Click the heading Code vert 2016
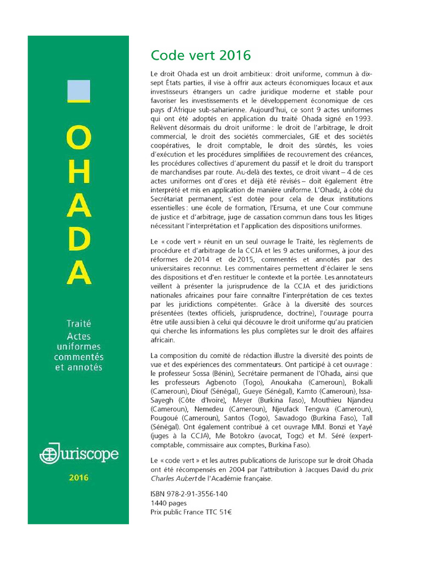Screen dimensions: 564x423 click(200, 56)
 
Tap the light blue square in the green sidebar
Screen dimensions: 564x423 click(78, 90)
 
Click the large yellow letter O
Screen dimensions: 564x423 click(78, 141)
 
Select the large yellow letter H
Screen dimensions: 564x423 click(78, 175)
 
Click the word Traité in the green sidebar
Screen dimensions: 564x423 click(78, 324)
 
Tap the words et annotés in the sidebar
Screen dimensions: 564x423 click(78, 367)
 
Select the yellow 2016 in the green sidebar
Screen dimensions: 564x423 click(78, 478)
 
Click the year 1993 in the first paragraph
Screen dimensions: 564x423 click(362, 118)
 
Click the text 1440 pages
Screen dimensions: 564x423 click(169, 503)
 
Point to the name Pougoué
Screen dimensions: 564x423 click(166, 417)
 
